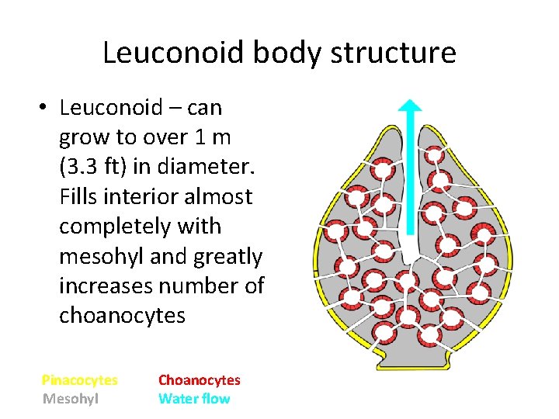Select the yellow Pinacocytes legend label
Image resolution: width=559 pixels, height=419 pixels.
[79, 380]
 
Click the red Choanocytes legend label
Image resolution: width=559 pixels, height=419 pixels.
[200, 380]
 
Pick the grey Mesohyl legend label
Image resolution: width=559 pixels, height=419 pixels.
[70, 399]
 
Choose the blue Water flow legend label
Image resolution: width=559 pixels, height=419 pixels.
[194, 399]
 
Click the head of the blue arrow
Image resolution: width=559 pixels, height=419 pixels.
[409, 109]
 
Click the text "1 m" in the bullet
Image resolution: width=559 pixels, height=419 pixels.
[211, 137]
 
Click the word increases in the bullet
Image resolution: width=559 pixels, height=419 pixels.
[106, 286]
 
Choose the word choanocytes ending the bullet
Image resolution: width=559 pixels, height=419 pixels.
[122, 316]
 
